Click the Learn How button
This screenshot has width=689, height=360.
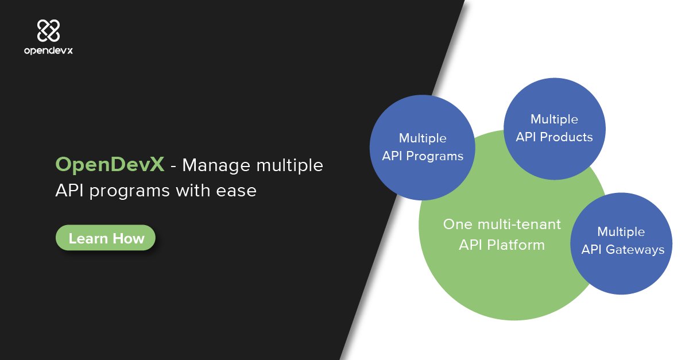pos(106,238)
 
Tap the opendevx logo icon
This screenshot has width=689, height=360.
pos(48,30)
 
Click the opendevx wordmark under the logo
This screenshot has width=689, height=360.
pos(48,51)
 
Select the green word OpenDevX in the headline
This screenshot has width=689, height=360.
pos(110,165)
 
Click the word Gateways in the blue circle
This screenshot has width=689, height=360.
pos(636,249)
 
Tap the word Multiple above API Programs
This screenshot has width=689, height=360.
pos(423,138)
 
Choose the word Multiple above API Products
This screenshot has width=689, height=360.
pos(554,119)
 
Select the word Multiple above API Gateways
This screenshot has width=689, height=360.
pos(621,231)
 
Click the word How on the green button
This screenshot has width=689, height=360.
pos(129,238)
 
